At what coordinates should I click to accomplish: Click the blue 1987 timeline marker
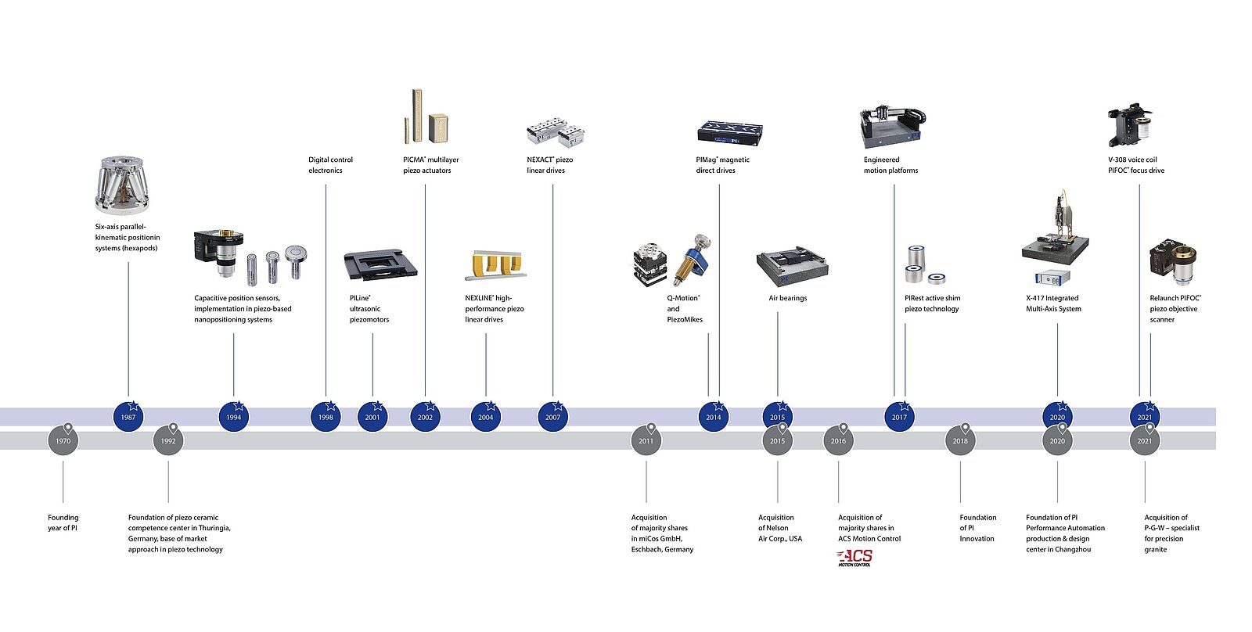coord(128,417)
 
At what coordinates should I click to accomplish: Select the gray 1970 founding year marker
coord(63,441)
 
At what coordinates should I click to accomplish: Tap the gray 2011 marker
coord(646,441)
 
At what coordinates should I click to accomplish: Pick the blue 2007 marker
coord(553,417)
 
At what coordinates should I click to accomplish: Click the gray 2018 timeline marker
coord(960,441)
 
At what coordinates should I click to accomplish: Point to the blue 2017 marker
coord(899,417)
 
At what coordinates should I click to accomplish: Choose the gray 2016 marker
coord(838,441)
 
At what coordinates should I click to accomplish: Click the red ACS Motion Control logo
coord(854,558)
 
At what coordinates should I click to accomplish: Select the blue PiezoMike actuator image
coord(692,257)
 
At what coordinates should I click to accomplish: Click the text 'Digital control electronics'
coord(329,165)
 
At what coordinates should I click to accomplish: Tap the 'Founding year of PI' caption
coord(63,522)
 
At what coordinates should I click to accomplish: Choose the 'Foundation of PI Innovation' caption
coord(977,528)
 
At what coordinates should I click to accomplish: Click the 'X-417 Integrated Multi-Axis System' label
coord(1052,303)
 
